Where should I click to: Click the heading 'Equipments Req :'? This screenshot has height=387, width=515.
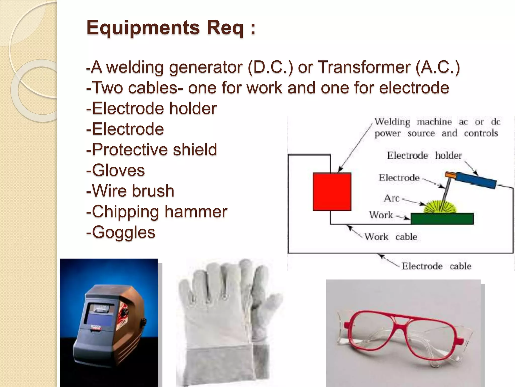pos(171,28)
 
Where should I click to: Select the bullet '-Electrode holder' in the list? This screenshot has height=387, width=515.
pos(151,108)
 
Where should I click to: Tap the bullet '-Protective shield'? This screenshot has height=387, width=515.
pos(151,149)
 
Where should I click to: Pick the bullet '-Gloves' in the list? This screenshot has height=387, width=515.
pos(116,170)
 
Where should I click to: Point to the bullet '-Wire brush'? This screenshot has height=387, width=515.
pos(130,191)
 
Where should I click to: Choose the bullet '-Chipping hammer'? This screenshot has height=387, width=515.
pos(157,211)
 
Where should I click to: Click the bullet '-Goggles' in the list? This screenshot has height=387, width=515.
pos(121,232)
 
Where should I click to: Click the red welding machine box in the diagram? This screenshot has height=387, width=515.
pos(332,191)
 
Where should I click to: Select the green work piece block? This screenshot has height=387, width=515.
pos(442,218)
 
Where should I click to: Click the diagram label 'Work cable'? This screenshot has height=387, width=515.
pos(391,237)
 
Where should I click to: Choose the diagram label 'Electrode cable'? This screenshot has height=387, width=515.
pos(436,266)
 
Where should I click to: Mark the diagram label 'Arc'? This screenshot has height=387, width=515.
pos(392,198)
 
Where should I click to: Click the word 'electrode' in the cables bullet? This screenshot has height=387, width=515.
pos(414,88)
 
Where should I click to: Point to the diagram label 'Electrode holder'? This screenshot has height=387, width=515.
pos(424,155)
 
